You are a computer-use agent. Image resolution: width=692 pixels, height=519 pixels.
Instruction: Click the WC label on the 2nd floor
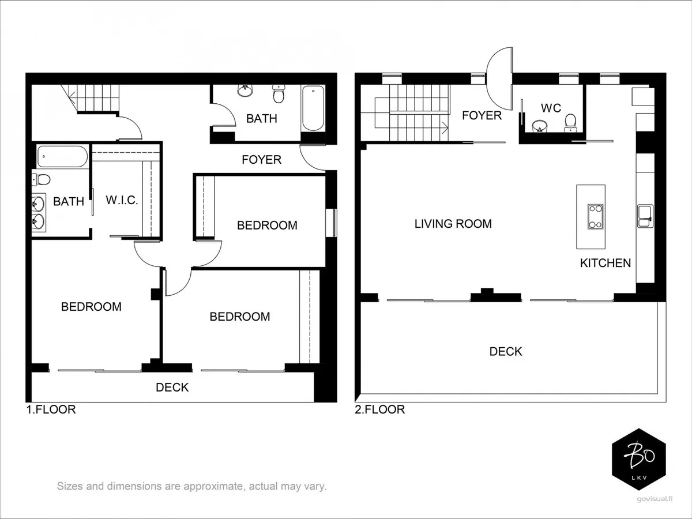(551, 108)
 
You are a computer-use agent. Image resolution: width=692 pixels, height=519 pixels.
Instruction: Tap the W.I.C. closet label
(122, 200)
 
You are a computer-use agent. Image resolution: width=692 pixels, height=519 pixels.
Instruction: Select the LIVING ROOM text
(453, 224)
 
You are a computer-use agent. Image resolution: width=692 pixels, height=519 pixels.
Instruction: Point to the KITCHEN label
(605, 263)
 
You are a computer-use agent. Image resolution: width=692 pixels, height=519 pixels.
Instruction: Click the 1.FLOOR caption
(51, 409)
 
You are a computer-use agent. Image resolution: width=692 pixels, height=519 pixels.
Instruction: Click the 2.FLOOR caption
(380, 409)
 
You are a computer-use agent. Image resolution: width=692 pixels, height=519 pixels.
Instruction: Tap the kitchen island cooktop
(596, 216)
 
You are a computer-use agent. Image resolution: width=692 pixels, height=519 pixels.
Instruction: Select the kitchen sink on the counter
(645, 216)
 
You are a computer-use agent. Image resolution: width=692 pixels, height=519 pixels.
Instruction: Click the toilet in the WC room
(570, 123)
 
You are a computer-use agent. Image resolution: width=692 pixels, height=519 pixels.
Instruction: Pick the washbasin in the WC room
(540, 126)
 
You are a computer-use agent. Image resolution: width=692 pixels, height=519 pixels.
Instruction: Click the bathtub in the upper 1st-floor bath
(313, 108)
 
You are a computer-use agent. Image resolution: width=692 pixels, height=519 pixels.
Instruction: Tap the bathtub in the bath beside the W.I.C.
(62, 156)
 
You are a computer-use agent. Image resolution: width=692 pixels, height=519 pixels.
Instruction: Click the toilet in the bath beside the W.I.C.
(41, 179)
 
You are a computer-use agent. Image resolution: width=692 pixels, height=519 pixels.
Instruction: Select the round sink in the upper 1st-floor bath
(245, 91)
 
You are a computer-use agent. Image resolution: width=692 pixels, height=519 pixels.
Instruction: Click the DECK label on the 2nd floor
(506, 351)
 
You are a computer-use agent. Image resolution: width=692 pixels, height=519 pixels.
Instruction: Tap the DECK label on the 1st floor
(172, 388)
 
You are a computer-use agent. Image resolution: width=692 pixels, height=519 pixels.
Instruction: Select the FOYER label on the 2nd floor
(482, 115)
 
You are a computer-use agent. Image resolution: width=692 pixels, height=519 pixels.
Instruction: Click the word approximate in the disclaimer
(213, 486)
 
